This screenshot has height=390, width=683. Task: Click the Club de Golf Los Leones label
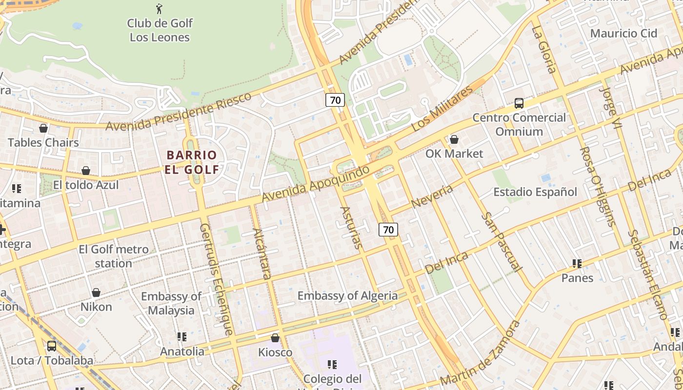coord(160,30)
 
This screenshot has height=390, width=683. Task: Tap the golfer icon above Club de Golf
coord(159,9)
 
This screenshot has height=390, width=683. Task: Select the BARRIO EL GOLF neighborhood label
coord(192,162)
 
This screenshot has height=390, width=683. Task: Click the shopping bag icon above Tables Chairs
coord(43,128)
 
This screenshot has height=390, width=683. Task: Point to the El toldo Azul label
coord(86,185)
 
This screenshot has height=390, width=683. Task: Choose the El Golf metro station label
coord(113,256)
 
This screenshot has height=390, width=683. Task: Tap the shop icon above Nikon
coord(96,292)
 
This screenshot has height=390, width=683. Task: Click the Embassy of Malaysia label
coord(171,303)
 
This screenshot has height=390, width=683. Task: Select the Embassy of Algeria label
coord(347,295)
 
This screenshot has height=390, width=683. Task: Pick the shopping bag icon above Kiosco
coord(275,338)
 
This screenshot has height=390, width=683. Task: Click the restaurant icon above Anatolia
coord(182,337)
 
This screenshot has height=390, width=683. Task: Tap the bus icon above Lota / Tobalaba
coord(51,346)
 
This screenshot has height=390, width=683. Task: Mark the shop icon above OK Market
coord(454,139)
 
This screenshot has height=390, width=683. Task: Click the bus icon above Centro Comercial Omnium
coord(519,103)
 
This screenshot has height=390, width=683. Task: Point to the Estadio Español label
coord(535,192)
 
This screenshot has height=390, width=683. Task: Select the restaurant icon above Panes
coord(577,264)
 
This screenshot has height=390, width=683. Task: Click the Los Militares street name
coord(442,109)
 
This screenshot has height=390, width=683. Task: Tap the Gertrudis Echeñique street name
coord(216,279)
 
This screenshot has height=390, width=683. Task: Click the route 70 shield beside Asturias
coord(388,230)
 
